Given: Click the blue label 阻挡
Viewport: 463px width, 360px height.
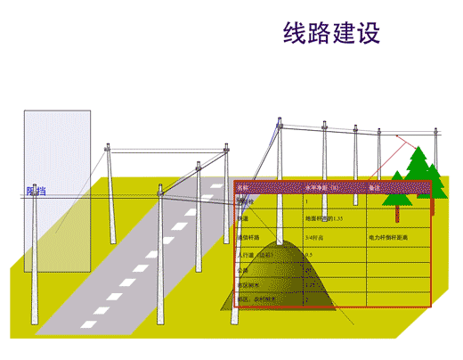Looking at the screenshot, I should (x=36, y=191).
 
